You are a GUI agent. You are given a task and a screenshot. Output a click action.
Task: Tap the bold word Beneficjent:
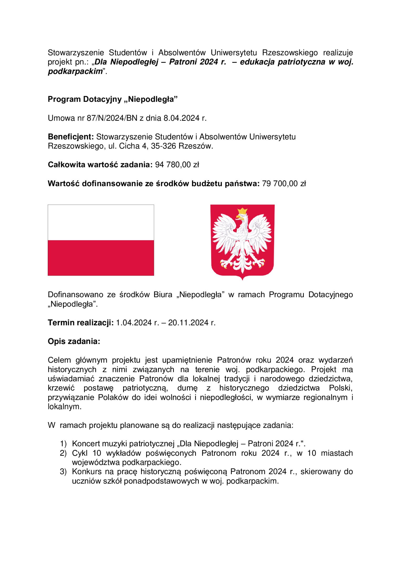pos(71,137)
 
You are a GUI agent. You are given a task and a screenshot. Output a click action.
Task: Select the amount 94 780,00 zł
pos(177,165)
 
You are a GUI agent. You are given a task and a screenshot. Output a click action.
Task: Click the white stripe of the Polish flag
pos(101,222)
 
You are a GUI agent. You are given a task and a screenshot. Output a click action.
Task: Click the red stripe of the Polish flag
pos(101,258)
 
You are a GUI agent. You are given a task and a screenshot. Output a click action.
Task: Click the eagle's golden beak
pos(238,217)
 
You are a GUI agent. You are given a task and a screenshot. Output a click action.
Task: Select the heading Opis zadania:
pos(74,341)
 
